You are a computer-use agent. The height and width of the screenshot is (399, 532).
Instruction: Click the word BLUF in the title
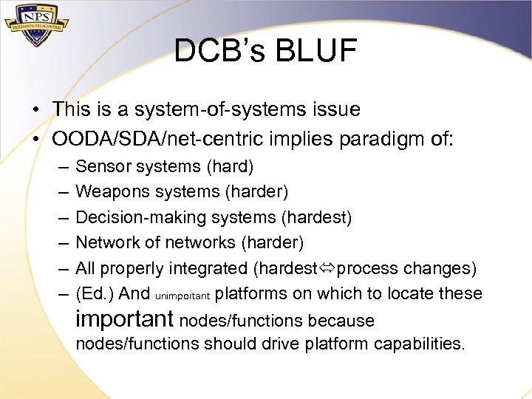point(318,51)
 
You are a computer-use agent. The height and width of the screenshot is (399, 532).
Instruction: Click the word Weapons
point(108,192)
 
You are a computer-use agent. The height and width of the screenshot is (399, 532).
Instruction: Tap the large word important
point(125,319)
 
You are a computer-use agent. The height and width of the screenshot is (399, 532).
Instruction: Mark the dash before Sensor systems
point(59,168)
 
